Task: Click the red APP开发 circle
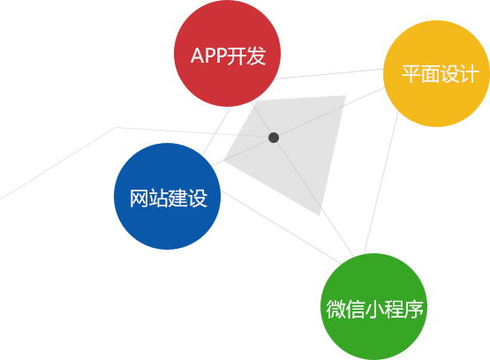pyautogui.click(x=227, y=54)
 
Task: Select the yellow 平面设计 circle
pyautogui.click(x=436, y=74)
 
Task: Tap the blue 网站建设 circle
pyautogui.click(x=167, y=197)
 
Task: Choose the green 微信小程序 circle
pyautogui.click(x=374, y=306)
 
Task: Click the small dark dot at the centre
pyautogui.click(x=274, y=138)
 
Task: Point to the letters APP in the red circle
pyautogui.click(x=208, y=56)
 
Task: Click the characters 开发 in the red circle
pyautogui.click(x=246, y=56)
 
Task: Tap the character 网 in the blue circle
pyautogui.click(x=139, y=199)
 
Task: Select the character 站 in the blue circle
pyautogui.click(x=158, y=199)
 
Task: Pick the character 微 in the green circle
pyautogui.click(x=335, y=309)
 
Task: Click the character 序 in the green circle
pyautogui.click(x=414, y=309)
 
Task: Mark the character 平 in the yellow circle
pyautogui.click(x=411, y=74)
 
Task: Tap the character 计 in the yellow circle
pyautogui.click(x=469, y=74)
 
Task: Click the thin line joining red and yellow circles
pyautogui.click(x=329, y=74)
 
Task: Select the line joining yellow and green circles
pyautogui.click(x=381, y=183)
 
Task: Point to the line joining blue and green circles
pyautogui.click(x=281, y=228)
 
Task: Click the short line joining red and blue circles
pyautogui.click(x=216, y=131)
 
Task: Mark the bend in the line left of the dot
pyautogui.click(x=116, y=127)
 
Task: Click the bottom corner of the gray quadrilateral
pyautogui.click(x=320, y=215)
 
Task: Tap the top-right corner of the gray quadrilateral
pyautogui.click(x=346, y=95)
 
